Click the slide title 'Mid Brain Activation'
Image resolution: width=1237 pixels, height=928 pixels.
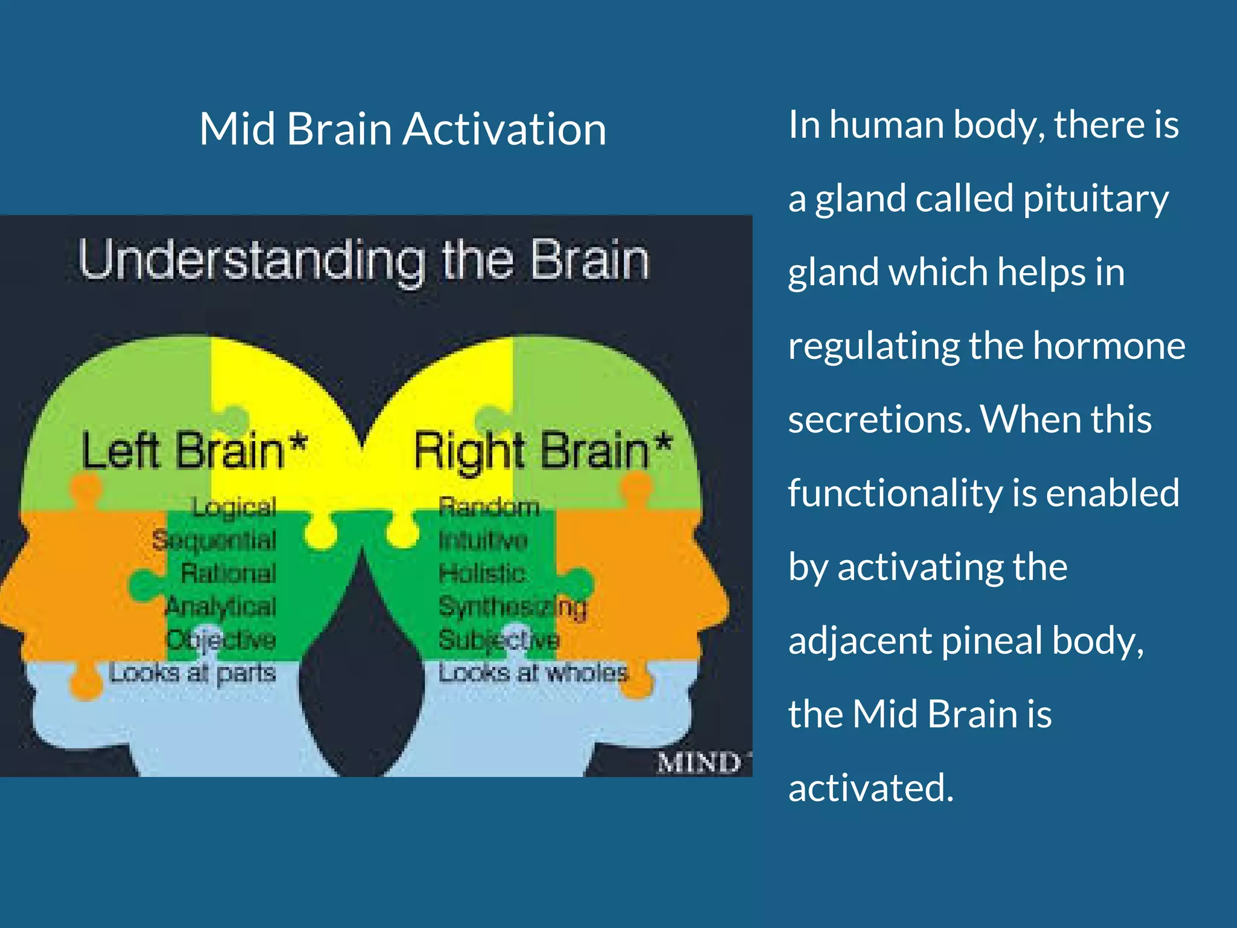pos(402,129)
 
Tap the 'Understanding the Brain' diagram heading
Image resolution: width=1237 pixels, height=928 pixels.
pos(364,261)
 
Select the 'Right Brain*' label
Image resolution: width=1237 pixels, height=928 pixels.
pos(542,451)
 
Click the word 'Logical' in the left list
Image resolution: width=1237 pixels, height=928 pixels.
pos(234,507)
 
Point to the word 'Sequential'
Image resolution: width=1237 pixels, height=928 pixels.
pos(214,540)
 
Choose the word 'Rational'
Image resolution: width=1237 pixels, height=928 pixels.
pos(228,573)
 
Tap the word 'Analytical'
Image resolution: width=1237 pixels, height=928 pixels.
pos(221,606)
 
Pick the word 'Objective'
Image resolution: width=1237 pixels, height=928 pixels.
pos(221,639)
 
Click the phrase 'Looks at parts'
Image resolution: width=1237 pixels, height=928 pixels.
pos(193,672)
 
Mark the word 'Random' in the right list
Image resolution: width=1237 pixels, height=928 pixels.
pos(489,507)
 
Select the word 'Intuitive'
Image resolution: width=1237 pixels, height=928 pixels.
pos(483,540)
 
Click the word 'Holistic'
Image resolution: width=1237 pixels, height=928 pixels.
pos(481,573)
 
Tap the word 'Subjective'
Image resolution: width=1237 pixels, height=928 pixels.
pos(499,639)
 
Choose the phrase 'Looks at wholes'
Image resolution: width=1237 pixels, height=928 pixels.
pos(533,672)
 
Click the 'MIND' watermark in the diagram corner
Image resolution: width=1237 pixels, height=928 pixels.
pos(699,763)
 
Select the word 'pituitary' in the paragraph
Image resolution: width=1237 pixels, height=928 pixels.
pos(1096,199)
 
